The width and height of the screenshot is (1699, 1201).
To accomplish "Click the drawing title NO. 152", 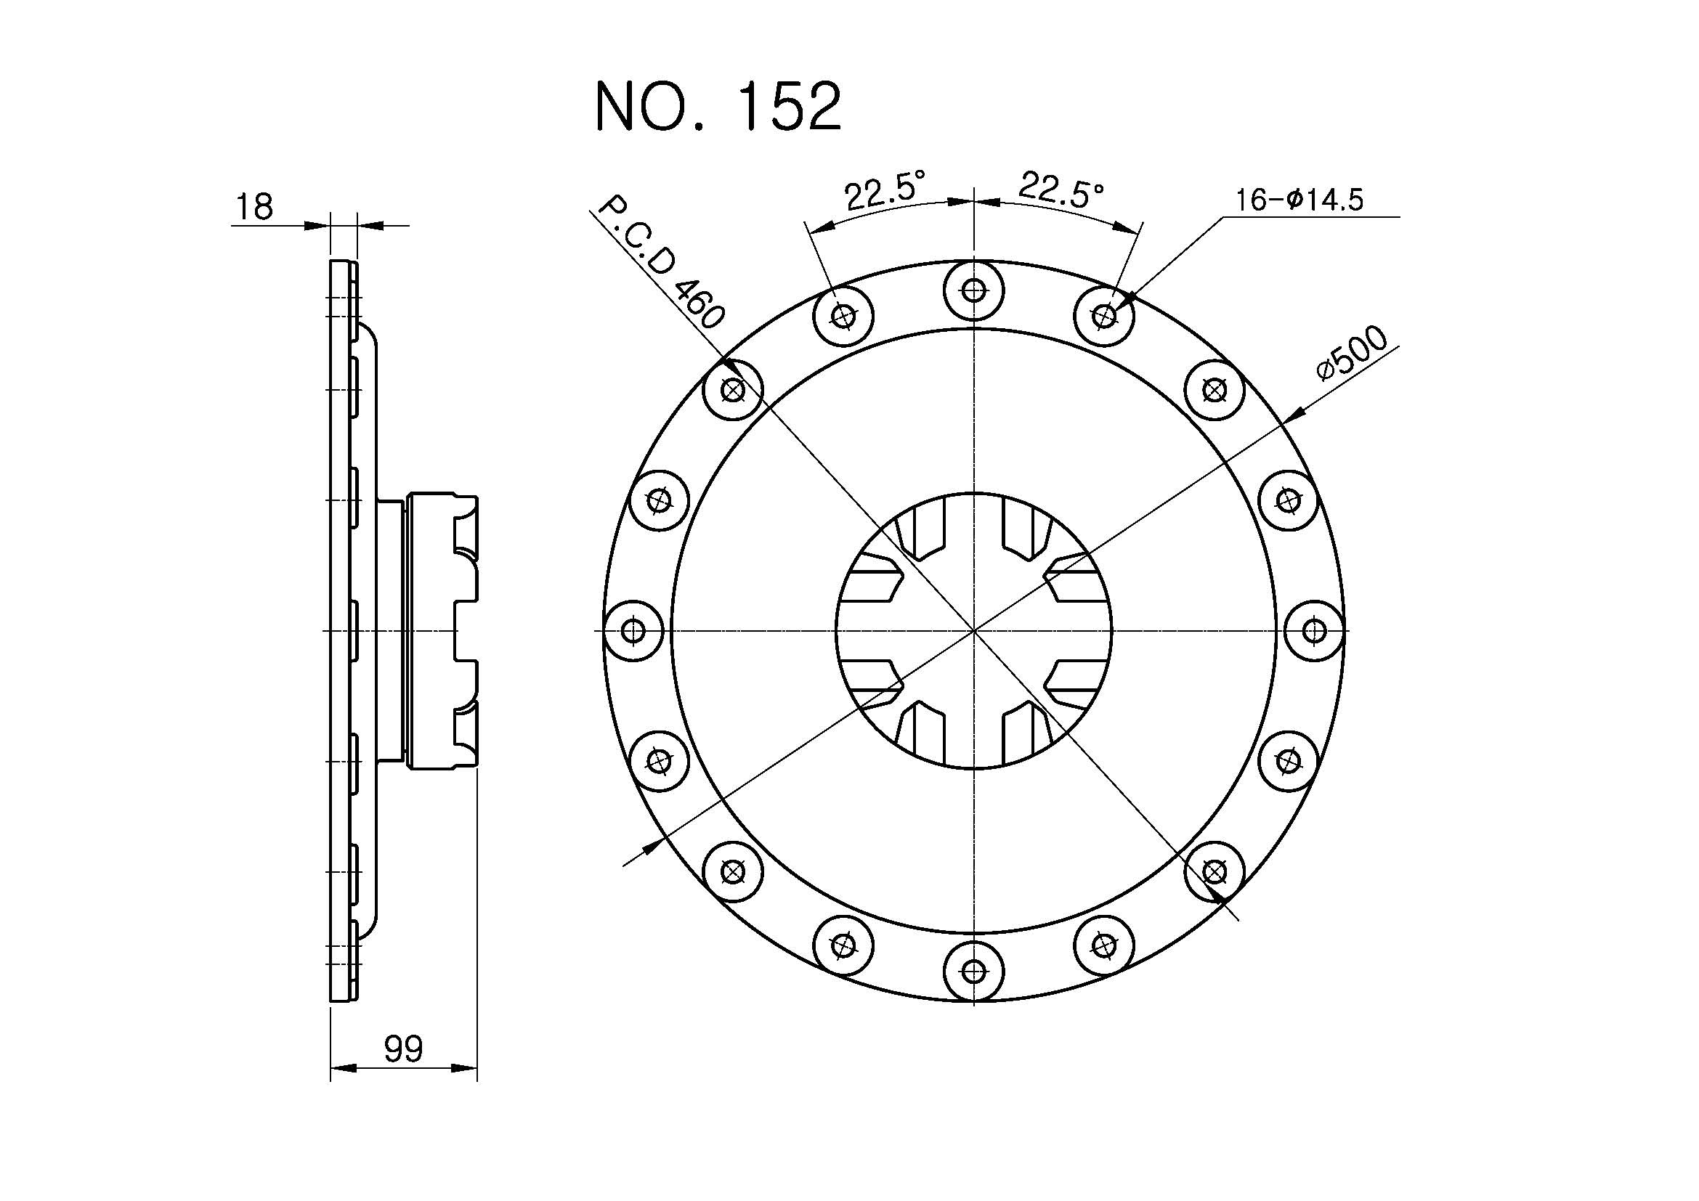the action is (718, 107).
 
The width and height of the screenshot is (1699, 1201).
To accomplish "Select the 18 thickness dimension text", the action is (254, 207).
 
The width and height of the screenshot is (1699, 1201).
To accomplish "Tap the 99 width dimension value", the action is (403, 1049).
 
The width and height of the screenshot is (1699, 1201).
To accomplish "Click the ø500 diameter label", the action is (1352, 353).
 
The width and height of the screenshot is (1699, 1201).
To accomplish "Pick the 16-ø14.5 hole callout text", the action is (1299, 200).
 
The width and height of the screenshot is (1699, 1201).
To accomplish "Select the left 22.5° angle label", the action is (885, 190).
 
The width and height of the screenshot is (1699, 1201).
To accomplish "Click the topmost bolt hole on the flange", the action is (974, 290).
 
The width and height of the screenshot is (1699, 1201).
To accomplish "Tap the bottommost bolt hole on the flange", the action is (974, 971).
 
